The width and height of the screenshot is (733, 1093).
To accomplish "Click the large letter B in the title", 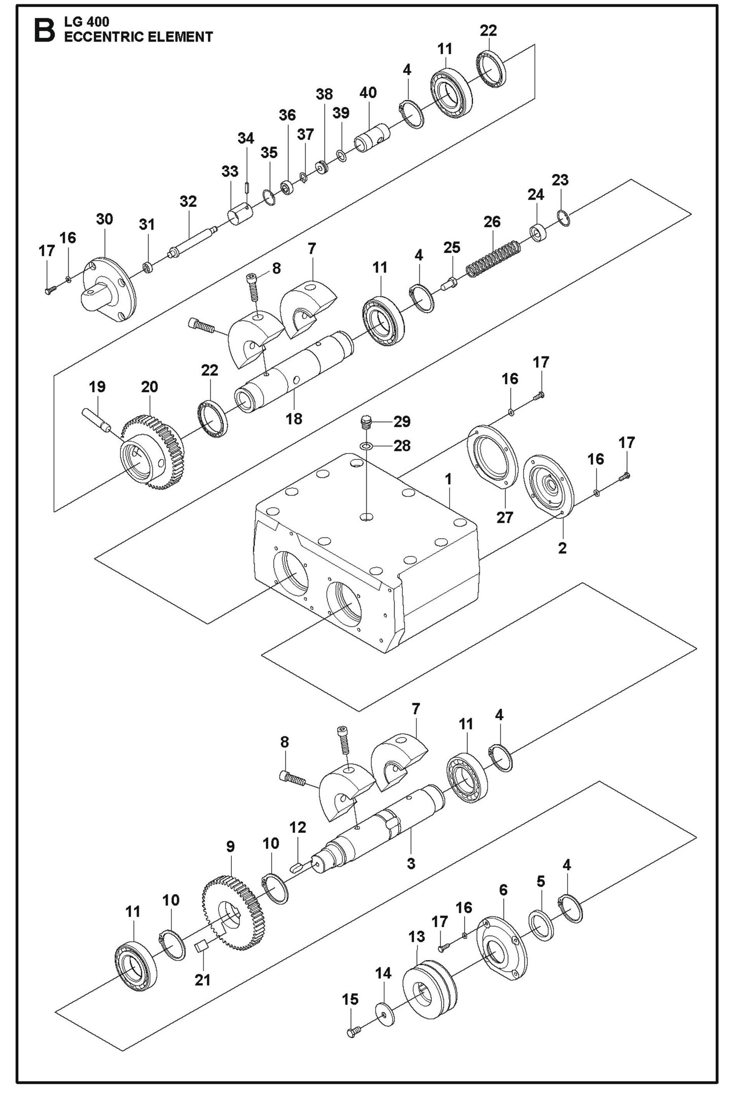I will pos(44,30).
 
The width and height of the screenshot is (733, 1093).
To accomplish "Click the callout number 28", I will pos(402,446).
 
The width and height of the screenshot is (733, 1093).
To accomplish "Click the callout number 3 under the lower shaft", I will pos(411,863).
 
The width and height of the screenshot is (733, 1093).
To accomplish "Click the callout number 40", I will pos(368,93).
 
